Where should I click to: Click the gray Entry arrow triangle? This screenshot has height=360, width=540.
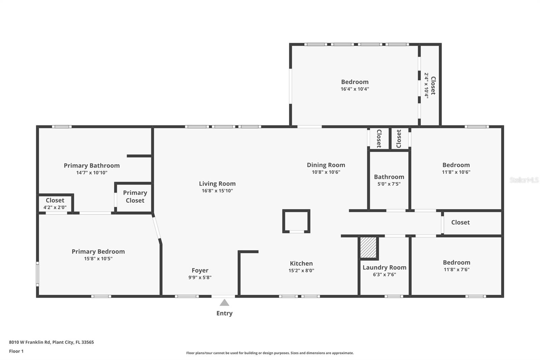[224, 303]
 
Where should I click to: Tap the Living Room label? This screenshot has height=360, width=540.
[217, 184]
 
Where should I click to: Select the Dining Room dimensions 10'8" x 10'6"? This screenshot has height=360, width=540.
[326, 172]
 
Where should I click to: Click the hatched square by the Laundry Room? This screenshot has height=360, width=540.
[368, 248]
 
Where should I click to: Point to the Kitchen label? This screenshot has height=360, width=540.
[301, 263]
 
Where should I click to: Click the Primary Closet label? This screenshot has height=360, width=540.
[135, 197]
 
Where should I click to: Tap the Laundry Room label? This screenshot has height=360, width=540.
[384, 267]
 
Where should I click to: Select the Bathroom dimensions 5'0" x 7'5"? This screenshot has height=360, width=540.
[389, 184]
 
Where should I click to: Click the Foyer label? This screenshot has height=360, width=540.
[200, 271]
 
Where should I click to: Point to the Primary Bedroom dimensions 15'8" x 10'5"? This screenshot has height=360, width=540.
[98, 259]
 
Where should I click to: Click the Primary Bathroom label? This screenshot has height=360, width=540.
[92, 165]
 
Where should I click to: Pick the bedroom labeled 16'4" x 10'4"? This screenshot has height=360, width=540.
[355, 85]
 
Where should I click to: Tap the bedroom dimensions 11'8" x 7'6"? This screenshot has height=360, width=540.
[456, 269]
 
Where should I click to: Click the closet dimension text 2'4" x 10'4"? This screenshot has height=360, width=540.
[426, 85]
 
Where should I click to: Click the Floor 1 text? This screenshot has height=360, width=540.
[16, 351]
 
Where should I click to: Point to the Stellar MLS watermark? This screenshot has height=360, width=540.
[524, 180]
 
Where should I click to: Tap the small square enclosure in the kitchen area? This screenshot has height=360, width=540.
[296, 221]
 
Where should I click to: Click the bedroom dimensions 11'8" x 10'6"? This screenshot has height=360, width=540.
[456, 172]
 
